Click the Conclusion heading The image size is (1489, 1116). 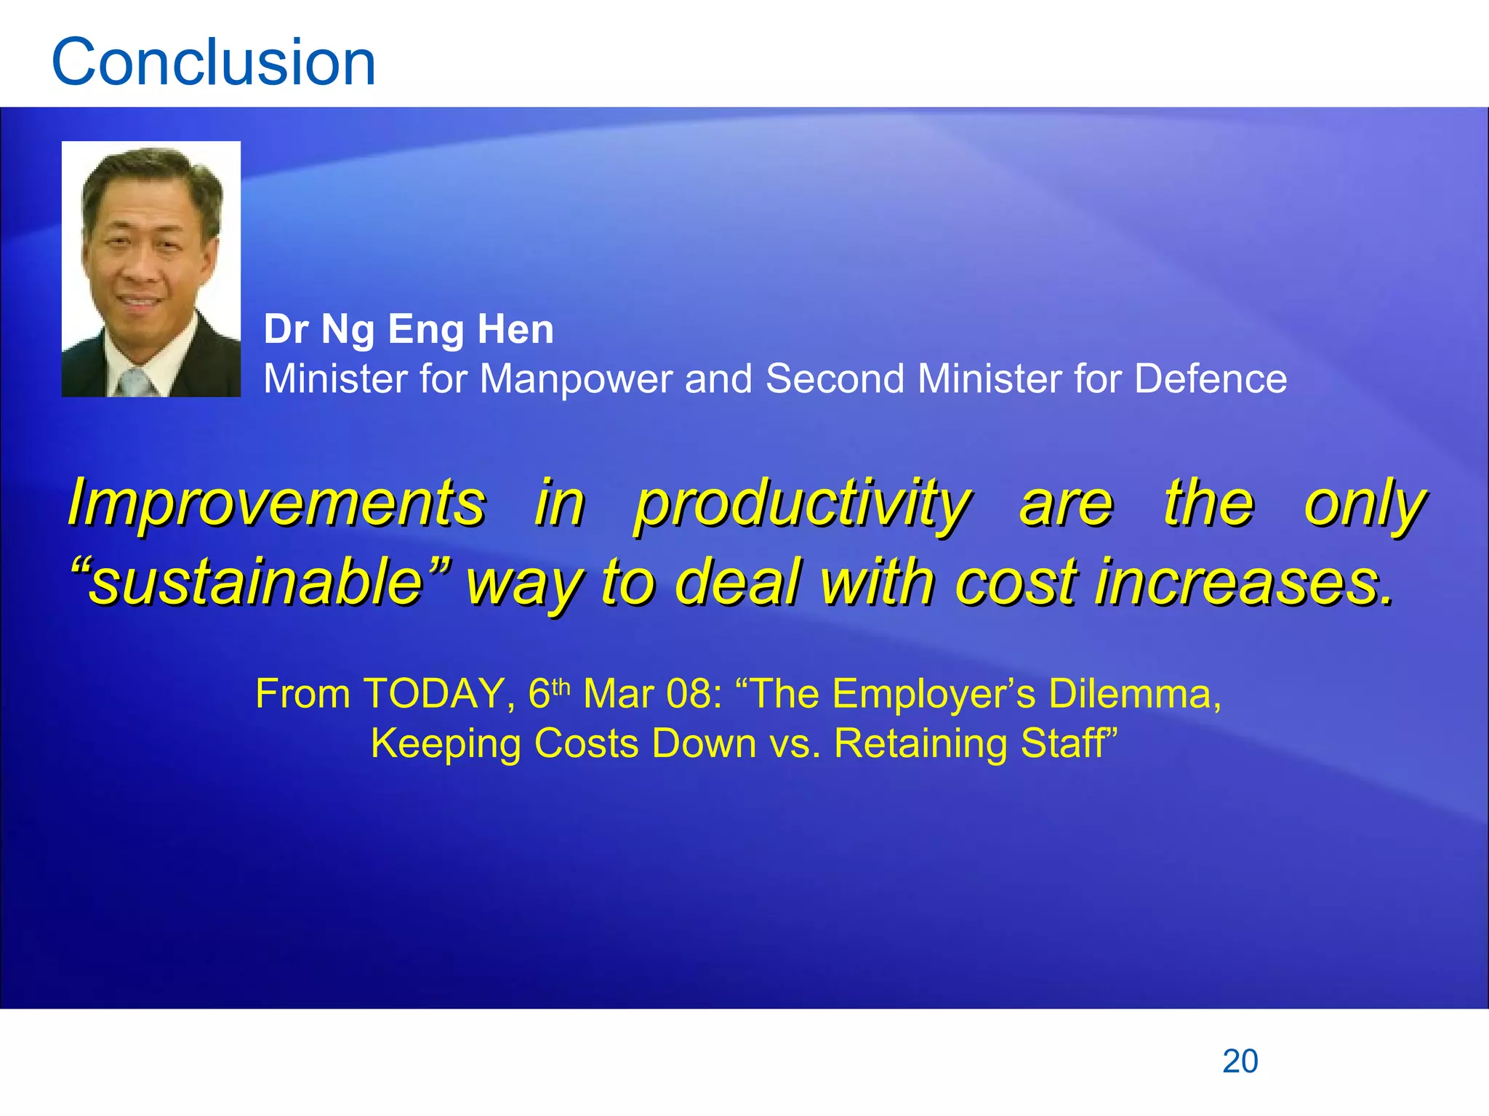[x=214, y=62]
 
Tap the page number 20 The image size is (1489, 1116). [x=1240, y=1062]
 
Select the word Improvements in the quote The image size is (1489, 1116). [x=276, y=503]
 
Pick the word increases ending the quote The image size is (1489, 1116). [x=1243, y=582]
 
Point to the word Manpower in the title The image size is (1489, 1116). [x=575, y=379]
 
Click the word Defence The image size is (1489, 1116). [x=1210, y=379]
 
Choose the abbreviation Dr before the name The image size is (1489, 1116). [x=286, y=329]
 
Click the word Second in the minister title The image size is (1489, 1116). [x=835, y=379]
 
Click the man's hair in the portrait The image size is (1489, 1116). [x=151, y=168]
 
